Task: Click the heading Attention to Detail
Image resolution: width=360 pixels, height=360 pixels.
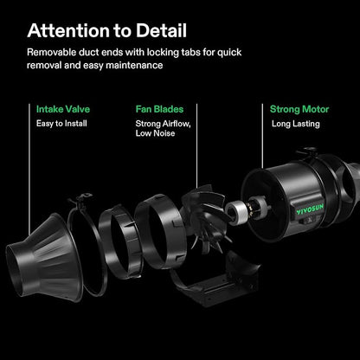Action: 107,30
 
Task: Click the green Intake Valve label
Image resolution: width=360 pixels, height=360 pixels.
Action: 63,109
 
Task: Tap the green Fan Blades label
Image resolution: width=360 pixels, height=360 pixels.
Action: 159,109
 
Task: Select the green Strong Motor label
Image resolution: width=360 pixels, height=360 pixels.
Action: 299,109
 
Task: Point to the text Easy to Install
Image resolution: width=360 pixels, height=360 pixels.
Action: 61,124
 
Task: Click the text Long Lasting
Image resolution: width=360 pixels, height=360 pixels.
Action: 296,124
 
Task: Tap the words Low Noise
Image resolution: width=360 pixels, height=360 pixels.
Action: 155,133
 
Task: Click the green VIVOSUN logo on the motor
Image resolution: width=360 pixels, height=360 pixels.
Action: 310,209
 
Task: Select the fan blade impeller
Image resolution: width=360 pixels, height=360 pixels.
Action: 205,219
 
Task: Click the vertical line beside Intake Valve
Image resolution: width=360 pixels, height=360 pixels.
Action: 29,170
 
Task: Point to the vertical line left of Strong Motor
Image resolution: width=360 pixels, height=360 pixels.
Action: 262,136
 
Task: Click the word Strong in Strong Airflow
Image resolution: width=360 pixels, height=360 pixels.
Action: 148,124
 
